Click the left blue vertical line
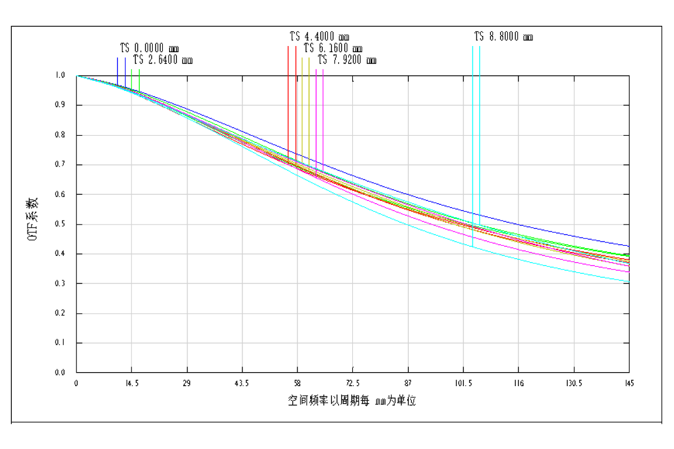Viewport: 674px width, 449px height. (117, 70)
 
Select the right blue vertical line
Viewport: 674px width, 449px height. (125, 70)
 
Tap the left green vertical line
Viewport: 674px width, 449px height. (131, 79)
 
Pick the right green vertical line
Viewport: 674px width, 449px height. (139, 79)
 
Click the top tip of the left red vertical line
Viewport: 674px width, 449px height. (288, 47)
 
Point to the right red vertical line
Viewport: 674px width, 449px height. (296, 101)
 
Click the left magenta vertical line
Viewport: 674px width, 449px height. (316, 118)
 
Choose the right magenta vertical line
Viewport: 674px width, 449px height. (323, 118)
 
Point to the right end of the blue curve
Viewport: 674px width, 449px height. (629, 246)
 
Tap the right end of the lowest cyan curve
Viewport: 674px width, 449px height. (629, 282)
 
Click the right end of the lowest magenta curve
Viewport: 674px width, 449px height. (629, 272)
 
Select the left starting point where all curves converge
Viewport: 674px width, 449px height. (77, 76)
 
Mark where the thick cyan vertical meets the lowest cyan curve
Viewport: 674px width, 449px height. (473, 246)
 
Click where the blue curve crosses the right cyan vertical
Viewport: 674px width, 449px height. (480, 215)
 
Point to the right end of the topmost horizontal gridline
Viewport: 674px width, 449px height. (623, 105)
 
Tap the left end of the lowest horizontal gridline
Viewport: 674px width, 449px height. (83, 343)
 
